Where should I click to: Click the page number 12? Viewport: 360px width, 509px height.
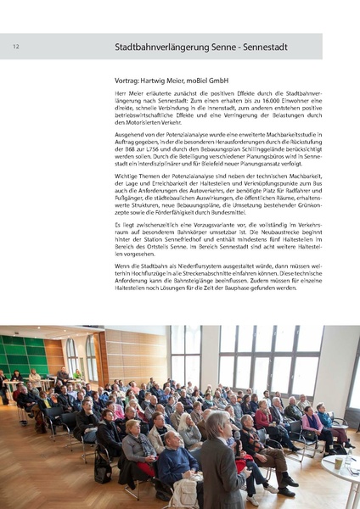pos(16,47)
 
